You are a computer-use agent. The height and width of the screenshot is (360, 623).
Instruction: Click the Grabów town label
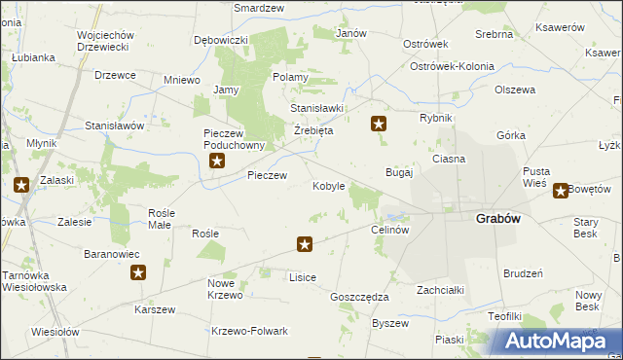tap(497, 219)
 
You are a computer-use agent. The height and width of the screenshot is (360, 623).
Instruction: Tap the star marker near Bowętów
tap(561, 191)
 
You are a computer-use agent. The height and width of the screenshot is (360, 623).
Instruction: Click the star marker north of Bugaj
tap(379, 124)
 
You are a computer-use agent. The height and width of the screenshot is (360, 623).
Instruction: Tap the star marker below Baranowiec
tap(138, 273)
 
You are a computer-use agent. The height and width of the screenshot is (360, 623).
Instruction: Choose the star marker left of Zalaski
tap(20, 185)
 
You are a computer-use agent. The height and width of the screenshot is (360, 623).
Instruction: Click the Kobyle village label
tap(328, 186)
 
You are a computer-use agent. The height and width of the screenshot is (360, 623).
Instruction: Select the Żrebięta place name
tap(312, 130)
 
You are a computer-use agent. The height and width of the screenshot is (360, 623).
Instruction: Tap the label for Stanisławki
tap(316, 108)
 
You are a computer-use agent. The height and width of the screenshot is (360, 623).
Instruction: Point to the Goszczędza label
tap(359, 297)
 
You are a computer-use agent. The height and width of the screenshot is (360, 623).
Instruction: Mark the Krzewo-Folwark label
tap(250, 331)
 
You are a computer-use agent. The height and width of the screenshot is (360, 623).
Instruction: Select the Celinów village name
tap(389, 230)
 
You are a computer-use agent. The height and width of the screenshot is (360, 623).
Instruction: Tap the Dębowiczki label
tap(221, 40)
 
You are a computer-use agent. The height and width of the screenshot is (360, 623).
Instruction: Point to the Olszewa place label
tap(515, 90)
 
